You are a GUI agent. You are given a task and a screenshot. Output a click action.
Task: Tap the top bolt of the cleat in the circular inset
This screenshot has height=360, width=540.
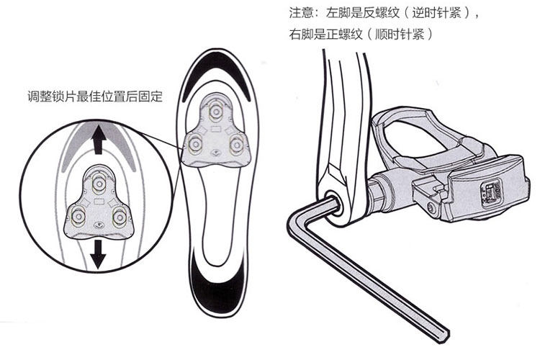[99, 176]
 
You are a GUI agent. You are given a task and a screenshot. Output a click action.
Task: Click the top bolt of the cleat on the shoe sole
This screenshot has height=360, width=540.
[215, 111]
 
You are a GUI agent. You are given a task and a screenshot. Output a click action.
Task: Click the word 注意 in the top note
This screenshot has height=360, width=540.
[300, 13]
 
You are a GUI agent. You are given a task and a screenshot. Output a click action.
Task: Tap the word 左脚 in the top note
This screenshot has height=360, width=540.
[336, 13]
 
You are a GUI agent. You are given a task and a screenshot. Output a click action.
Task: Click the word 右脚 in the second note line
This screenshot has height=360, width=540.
[300, 34]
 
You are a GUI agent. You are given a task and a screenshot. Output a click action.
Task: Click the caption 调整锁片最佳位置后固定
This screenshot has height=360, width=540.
[94, 96]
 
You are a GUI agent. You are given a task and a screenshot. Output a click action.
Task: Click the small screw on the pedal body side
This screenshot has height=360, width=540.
[431, 209]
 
